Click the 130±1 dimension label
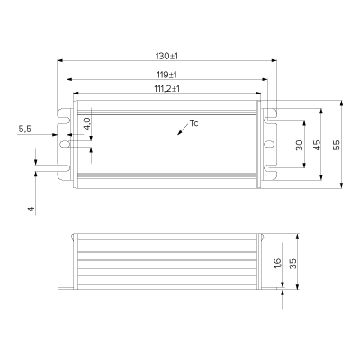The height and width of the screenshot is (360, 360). [x=166, y=56]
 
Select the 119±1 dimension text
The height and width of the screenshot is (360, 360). [x=166, y=75]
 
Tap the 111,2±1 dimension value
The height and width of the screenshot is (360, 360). [x=166, y=89]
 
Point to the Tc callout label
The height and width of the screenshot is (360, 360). [x=193, y=123]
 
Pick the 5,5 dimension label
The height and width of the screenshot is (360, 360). [x=25, y=130]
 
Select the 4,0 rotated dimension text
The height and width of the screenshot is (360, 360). [x=86, y=123]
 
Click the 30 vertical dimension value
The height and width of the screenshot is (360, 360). [x=300, y=146]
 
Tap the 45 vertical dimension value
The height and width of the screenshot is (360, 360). [x=317, y=145]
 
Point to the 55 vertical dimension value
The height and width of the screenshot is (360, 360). [x=337, y=145]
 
